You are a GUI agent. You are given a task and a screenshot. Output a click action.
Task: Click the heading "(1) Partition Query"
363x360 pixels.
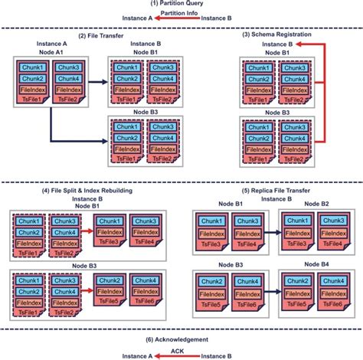[x=181, y=5]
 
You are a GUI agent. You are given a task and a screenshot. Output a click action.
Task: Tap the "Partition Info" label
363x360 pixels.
[x=181, y=12]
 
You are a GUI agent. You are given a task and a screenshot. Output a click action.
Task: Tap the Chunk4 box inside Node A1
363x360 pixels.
[x=67, y=77]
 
